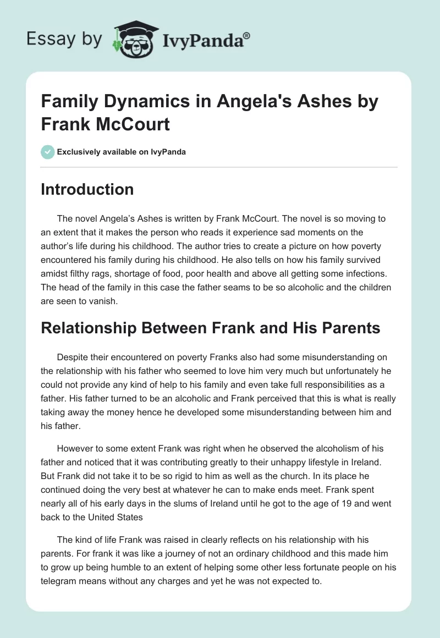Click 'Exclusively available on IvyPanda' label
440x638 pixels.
pyautogui.click(x=122, y=152)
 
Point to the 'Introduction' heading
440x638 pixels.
pyautogui.click(x=87, y=189)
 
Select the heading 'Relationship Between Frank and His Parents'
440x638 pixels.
pyautogui.click(x=210, y=328)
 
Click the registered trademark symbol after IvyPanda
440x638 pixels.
pyautogui.click(x=246, y=35)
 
